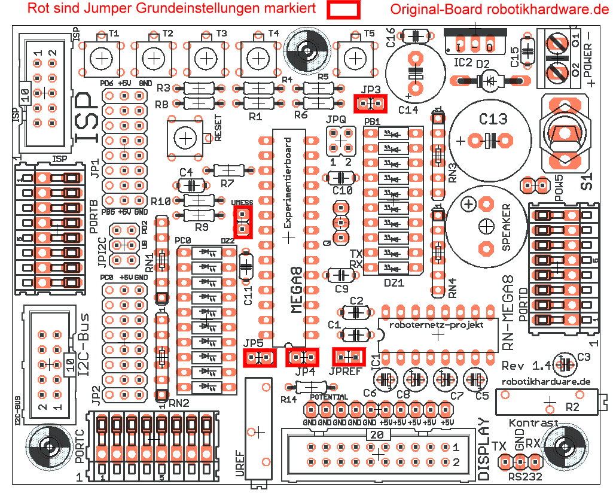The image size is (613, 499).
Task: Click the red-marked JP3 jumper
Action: pyautogui.click(x=371, y=104)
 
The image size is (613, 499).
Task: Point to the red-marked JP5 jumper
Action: pyautogui.click(x=260, y=358)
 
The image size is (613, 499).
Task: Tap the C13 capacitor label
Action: pyautogui.click(x=494, y=119)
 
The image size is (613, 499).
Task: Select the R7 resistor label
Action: pyautogui.click(x=227, y=183)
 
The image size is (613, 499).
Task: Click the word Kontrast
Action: pyautogui.click(x=533, y=423)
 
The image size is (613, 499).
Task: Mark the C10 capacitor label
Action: pyautogui.click(x=343, y=191)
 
